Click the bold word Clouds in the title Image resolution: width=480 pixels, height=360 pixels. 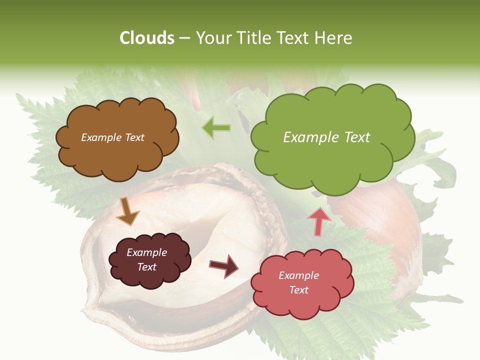(146, 38)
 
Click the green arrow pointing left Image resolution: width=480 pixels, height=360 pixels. (216, 128)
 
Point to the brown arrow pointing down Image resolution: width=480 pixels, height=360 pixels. (127, 211)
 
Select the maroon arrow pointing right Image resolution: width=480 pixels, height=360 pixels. (223, 265)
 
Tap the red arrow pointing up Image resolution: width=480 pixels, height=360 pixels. (319, 221)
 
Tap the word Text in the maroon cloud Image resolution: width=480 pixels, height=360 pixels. (147, 267)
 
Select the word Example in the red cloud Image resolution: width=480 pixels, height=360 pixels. (298, 275)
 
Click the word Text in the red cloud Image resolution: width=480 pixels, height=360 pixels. (298, 290)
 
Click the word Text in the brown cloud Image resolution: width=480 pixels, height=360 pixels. (134, 137)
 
